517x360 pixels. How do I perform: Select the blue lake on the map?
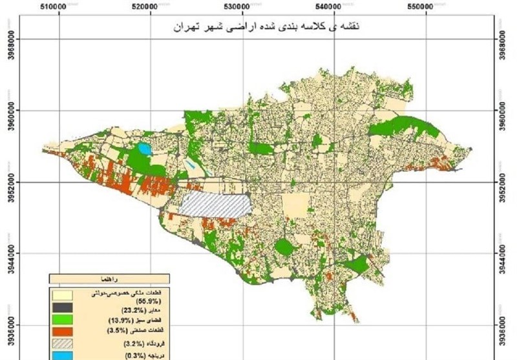142,150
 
